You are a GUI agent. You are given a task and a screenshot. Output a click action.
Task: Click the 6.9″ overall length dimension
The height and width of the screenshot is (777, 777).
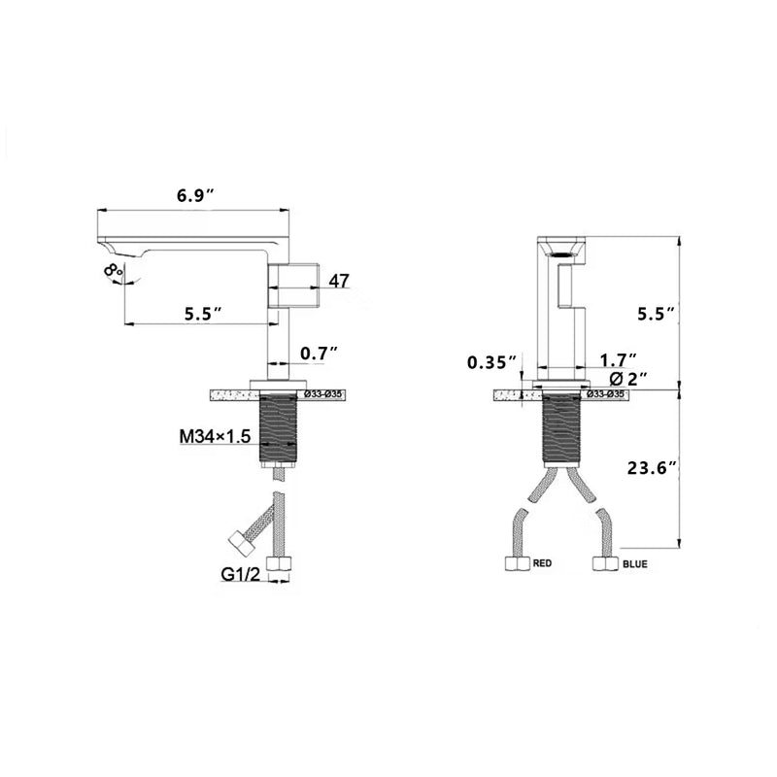point(195,194)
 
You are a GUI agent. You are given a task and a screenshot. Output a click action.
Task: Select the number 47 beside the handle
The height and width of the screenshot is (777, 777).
point(339,281)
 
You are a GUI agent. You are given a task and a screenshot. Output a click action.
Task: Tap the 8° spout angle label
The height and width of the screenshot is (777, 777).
point(113,270)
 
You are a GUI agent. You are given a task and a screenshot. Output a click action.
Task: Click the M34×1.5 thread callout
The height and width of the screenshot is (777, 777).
point(216,436)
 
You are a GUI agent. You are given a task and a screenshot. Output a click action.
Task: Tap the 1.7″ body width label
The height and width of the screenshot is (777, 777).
point(618,359)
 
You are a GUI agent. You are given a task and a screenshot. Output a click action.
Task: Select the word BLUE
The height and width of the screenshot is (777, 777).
point(636,563)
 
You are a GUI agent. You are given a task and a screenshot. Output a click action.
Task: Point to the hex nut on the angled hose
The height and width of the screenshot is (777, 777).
point(238,541)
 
